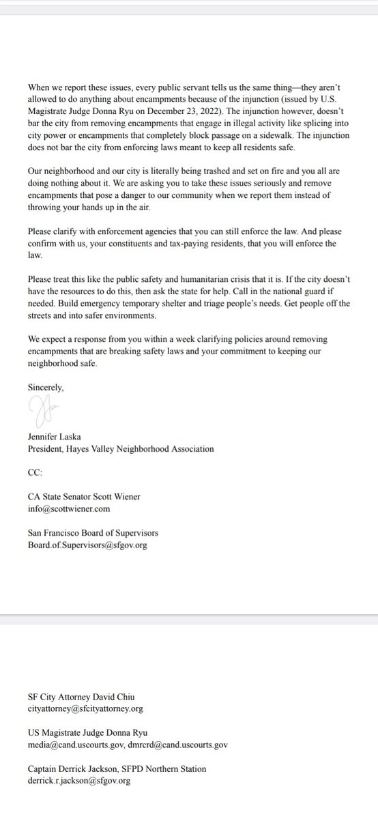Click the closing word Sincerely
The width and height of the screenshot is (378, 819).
coord(46,387)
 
